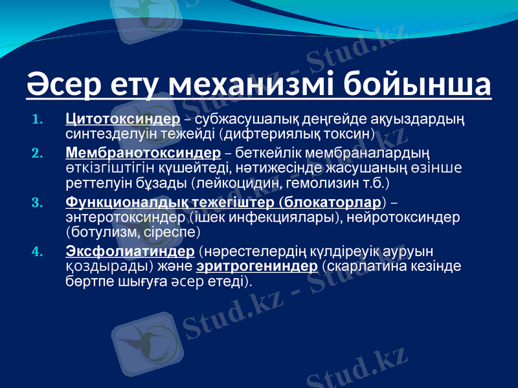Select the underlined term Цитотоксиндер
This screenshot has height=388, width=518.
coord(123,120)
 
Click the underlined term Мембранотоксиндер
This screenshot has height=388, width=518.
coord(144,153)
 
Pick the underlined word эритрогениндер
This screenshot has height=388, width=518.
coord(256,266)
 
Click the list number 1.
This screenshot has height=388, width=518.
coord(36,120)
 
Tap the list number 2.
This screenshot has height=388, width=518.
coord(36,154)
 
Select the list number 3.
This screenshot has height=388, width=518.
coord(36,202)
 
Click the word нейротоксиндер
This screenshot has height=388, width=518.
coord(404,217)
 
